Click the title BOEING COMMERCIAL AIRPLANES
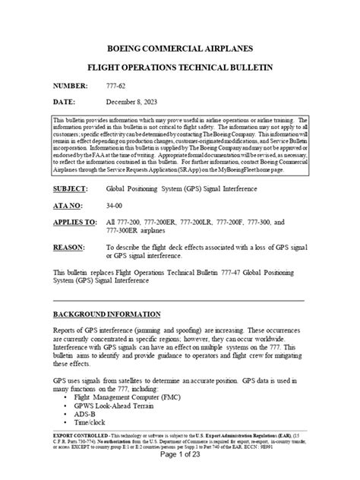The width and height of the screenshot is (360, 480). [180, 45]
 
